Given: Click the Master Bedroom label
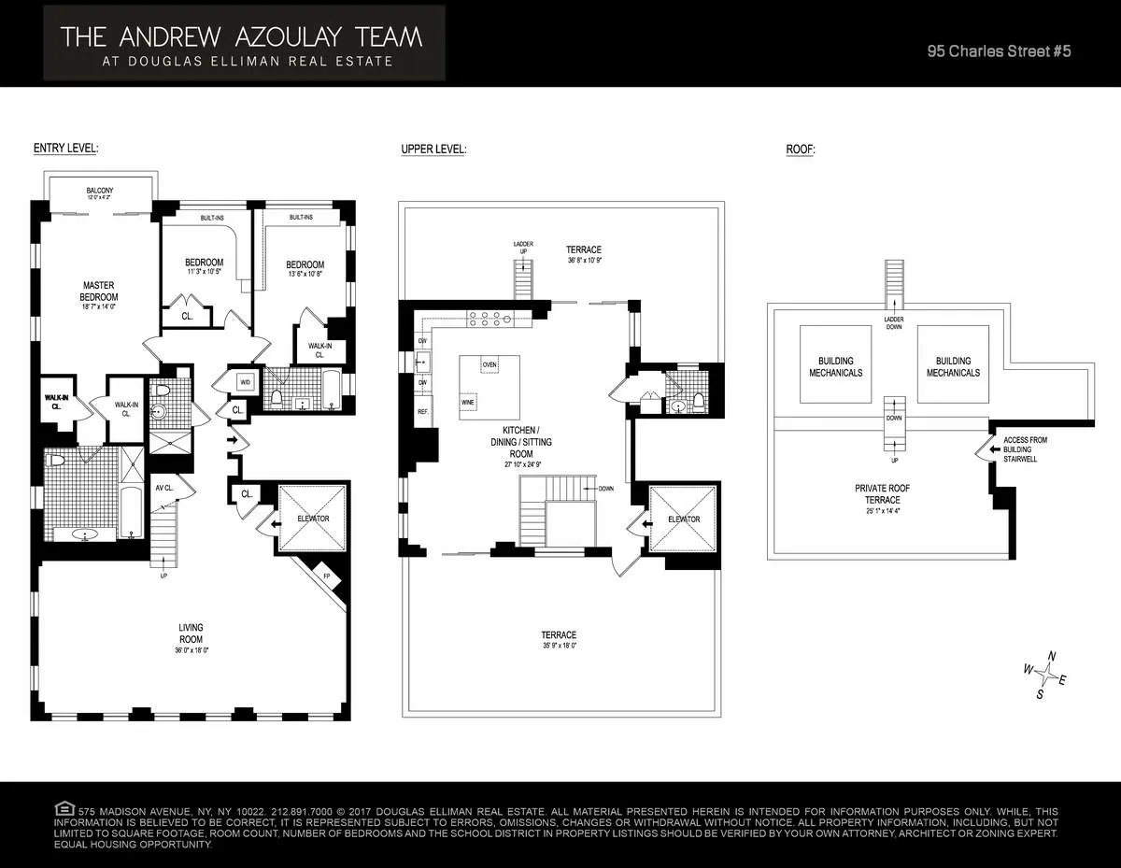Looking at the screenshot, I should (99, 292).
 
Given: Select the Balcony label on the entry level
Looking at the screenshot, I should (99, 193).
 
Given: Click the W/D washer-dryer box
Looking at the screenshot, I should (246, 382).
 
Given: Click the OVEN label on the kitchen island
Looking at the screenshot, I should (490, 364).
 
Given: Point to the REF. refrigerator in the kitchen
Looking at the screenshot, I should (422, 411).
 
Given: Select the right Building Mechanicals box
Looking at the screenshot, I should (953, 366).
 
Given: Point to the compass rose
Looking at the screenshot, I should (1050, 675).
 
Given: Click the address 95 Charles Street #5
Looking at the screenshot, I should (998, 51).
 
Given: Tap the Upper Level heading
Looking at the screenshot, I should (433, 149).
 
